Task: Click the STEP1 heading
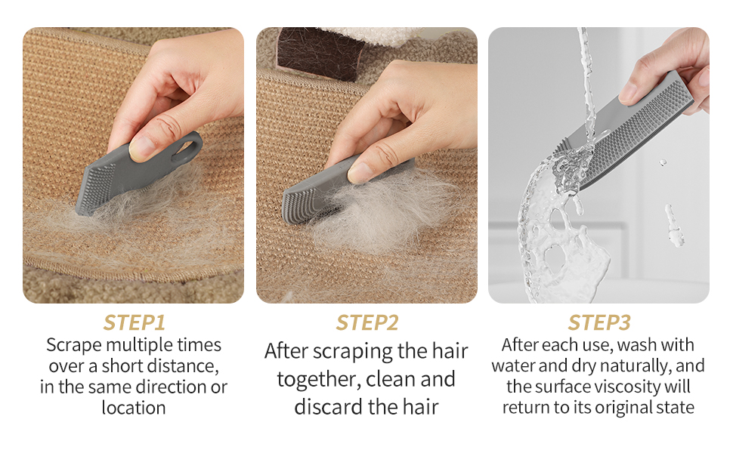click(x=134, y=322)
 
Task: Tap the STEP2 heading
click(x=367, y=322)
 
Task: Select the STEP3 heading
click(x=599, y=322)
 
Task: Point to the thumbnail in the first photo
click(x=141, y=146)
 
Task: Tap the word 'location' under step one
click(x=134, y=408)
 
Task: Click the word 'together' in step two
click(x=319, y=380)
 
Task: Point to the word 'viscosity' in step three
click(x=629, y=387)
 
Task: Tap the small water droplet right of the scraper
click(x=662, y=162)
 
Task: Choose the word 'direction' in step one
click(x=181, y=387)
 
